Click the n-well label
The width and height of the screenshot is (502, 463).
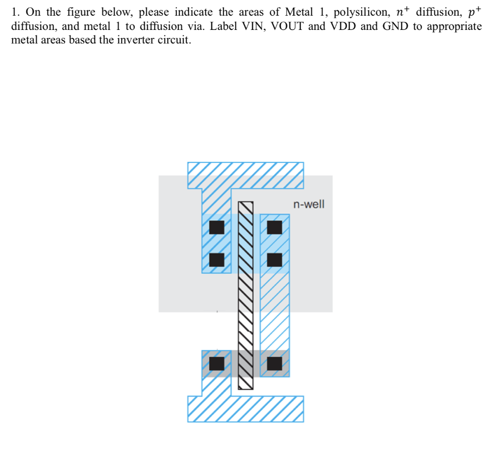pos(308,204)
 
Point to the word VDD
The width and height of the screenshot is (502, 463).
pos(345,26)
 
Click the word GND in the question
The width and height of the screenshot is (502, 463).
pos(395,26)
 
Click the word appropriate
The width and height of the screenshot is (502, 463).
pos(454,26)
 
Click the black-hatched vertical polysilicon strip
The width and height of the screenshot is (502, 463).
pos(246,294)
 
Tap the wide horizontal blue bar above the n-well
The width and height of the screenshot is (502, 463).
pos(245,175)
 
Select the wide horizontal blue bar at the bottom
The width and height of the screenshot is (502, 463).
pos(245,409)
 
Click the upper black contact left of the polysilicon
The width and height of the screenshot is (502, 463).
pos(217,228)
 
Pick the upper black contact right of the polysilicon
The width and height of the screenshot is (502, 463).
pos(275,228)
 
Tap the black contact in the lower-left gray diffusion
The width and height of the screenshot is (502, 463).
pos(217,363)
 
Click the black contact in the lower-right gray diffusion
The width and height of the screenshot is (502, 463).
pos(275,363)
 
